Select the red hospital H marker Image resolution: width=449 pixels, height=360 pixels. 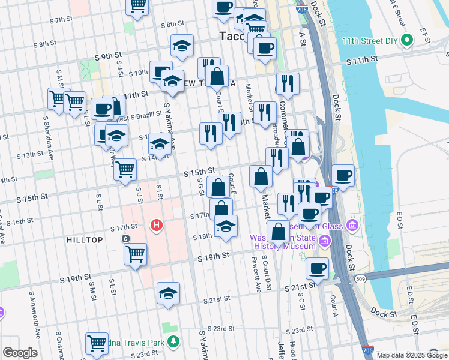[x=156, y=226]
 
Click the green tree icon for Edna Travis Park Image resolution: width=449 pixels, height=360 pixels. [x=173, y=342]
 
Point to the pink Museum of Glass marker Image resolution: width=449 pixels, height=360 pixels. [x=352, y=226]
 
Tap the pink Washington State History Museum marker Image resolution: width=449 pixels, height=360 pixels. [x=325, y=241]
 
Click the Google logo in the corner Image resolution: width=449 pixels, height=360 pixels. [x=20, y=353]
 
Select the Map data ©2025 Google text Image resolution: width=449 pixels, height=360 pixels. [x=412, y=355]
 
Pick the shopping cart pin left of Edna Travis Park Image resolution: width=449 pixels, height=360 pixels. [x=97, y=344]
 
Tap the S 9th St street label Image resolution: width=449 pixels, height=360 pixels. [x=108, y=56]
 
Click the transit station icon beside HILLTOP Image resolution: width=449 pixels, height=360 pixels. [x=126, y=239]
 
